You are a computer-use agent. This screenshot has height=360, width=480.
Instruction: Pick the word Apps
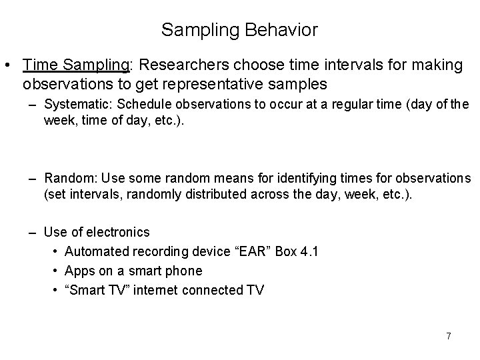pos(77,271)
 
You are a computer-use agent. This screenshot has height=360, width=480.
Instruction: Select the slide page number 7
pos(449,336)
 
